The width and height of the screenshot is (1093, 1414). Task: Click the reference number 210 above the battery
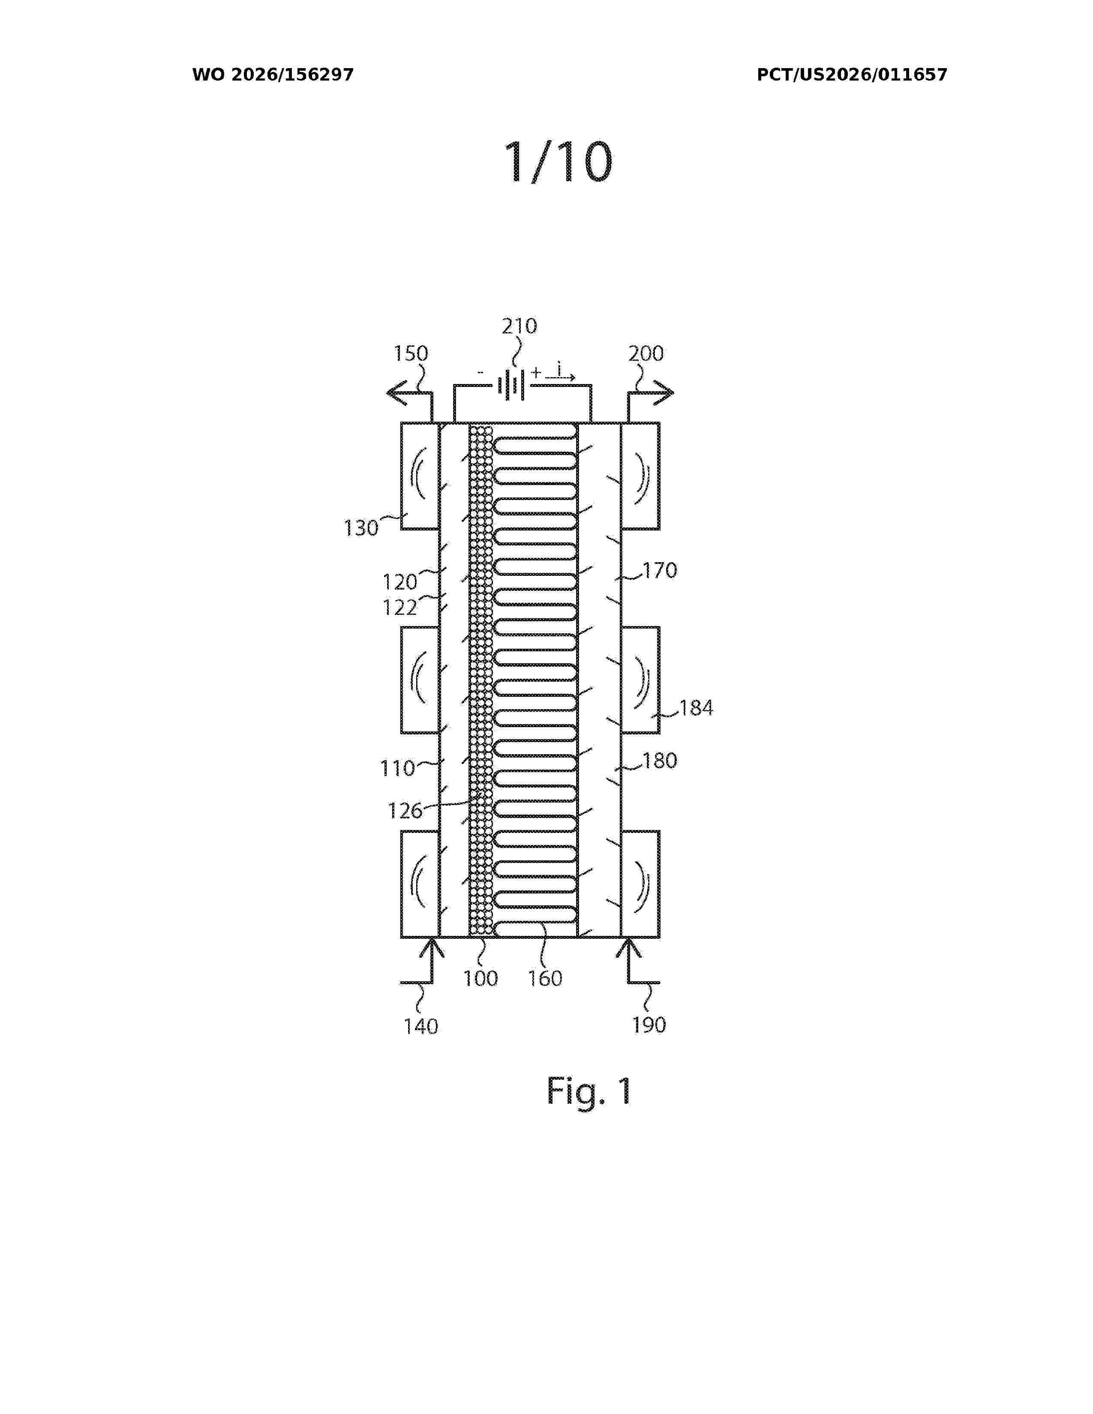click(519, 326)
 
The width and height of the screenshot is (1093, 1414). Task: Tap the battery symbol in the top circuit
click(511, 386)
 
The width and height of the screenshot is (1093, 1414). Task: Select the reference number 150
click(411, 353)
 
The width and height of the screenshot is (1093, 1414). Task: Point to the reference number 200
click(646, 353)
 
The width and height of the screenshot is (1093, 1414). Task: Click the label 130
click(360, 528)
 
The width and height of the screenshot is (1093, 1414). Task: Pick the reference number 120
click(399, 582)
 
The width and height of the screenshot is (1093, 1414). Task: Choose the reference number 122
click(399, 607)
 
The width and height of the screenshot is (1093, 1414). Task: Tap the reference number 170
click(660, 570)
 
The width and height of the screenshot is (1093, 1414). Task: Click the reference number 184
click(696, 708)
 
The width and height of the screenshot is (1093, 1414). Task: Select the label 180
click(660, 760)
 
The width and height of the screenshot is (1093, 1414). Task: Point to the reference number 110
click(397, 769)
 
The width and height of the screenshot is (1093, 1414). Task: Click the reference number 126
click(405, 811)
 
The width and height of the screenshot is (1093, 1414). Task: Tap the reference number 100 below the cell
click(480, 978)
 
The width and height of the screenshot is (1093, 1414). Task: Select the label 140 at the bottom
click(421, 1026)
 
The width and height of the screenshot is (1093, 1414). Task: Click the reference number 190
click(649, 1025)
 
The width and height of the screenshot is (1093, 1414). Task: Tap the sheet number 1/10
click(558, 162)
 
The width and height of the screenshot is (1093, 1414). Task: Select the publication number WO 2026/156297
click(273, 75)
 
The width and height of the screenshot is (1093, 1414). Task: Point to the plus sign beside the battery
click(535, 372)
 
